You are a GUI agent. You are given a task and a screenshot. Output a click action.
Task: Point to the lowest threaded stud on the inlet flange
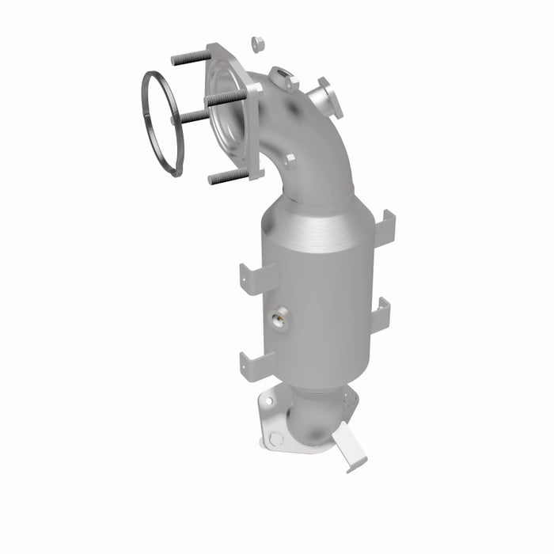click(x=229, y=176)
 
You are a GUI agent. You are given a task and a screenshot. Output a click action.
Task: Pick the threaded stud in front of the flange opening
click(x=225, y=98)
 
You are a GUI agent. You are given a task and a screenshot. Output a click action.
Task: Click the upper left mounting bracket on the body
click(x=258, y=278)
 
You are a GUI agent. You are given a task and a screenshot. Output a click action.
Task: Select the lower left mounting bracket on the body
click(x=258, y=365)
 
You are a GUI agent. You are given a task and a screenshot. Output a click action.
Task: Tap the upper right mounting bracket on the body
click(x=384, y=229)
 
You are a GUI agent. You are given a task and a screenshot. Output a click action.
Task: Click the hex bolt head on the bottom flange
click(x=275, y=438)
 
